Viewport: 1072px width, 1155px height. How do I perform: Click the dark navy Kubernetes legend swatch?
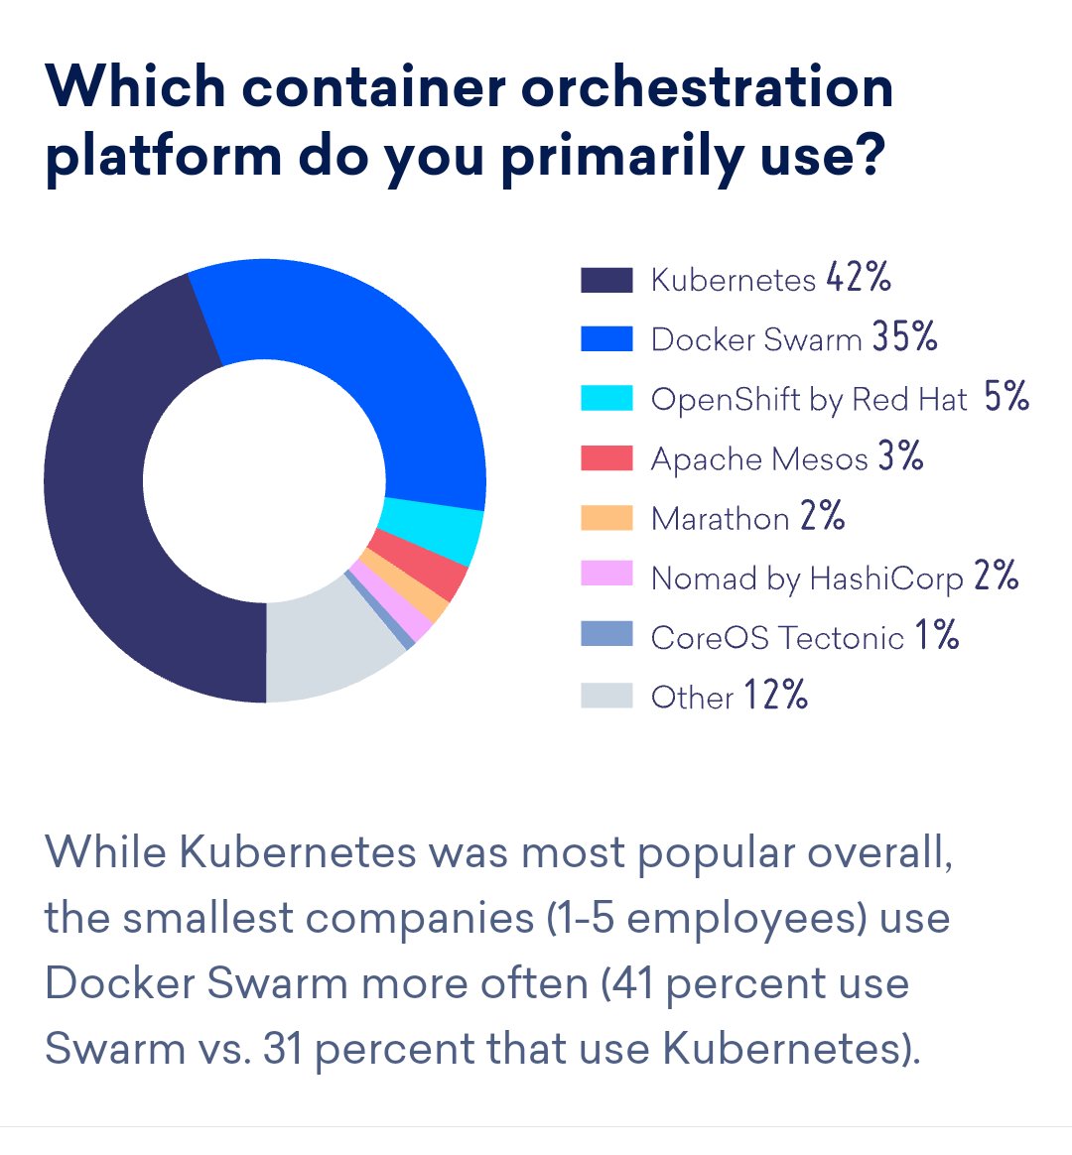[606, 280]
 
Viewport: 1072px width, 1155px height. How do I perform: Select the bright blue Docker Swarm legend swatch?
[606, 339]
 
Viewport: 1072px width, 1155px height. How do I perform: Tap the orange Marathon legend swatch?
[606, 518]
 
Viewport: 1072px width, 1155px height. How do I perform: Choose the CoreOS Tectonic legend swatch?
[606, 634]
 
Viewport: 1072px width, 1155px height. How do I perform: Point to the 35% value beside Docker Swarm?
[905, 337]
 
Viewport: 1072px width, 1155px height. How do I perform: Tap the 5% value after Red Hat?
[1006, 397]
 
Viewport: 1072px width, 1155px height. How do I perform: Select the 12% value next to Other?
[776, 695]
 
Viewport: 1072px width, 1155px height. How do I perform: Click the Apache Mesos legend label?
[759, 459]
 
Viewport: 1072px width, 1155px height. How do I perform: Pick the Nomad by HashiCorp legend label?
[807, 578]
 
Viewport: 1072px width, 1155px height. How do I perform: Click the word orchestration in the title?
[708, 87]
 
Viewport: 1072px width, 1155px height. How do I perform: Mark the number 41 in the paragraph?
[632, 983]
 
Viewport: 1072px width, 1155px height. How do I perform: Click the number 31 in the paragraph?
[284, 1049]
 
